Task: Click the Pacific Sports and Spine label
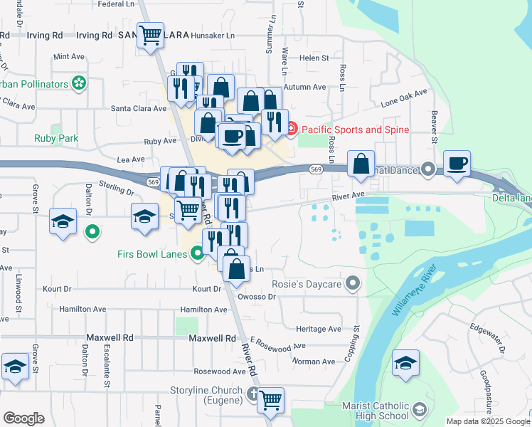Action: pyautogui.click(x=353, y=130)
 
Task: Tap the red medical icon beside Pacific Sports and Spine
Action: pyautogui.click(x=291, y=130)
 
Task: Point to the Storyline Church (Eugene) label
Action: pyautogui.click(x=207, y=391)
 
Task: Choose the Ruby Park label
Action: pyautogui.click(x=56, y=139)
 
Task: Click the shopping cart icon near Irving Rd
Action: pyautogui.click(x=150, y=35)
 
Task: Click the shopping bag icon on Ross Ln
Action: pyautogui.click(x=361, y=163)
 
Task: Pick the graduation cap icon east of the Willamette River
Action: pyautogui.click(x=405, y=363)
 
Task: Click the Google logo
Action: pyautogui.click(x=23, y=418)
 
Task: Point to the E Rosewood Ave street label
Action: pyautogui.click(x=277, y=345)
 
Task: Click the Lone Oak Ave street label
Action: pyautogui.click(x=403, y=97)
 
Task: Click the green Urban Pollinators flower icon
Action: pyautogui.click(x=79, y=84)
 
